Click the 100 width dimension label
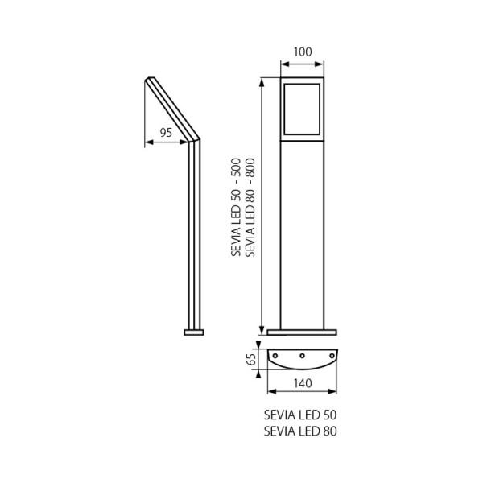tap(303, 52)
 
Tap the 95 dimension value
tap(166, 133)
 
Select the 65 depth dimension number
tap(252, 359)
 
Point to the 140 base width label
tap(303, 383)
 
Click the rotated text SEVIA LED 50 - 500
tap(236, 207)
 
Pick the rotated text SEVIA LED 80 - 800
tap(250, 208)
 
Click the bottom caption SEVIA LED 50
tap(300, 415)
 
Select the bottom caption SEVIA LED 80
tap(300, 431)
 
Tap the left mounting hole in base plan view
tap(275, 356)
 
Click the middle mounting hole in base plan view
tap(302, 356)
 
